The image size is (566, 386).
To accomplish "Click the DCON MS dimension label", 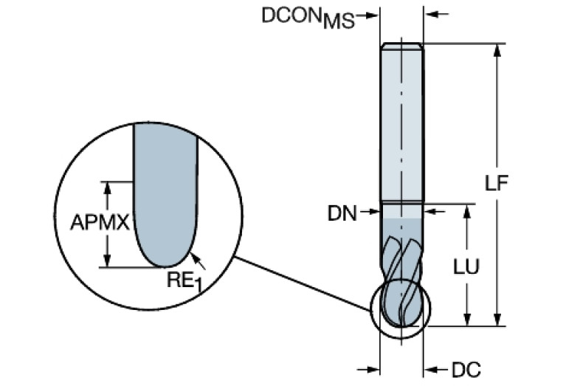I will [308, 18].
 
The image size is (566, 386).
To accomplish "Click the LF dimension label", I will [500, 184].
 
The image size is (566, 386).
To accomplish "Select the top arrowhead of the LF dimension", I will [499, 49].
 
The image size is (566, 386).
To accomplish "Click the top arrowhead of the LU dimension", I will [466, 211].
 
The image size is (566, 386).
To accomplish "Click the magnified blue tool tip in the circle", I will [165, 199].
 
